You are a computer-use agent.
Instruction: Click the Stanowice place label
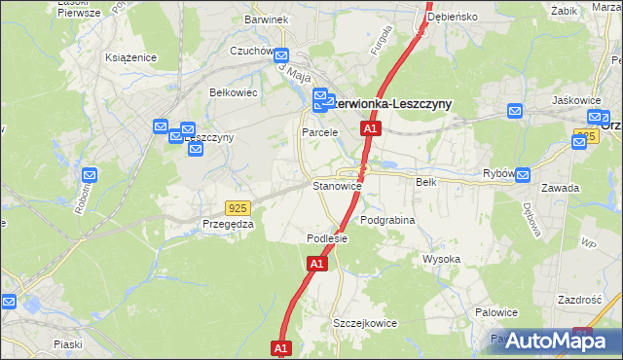click(337, 186)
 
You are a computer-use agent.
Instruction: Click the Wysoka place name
click(441, 260)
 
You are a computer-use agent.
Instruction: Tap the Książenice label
click(131, 57)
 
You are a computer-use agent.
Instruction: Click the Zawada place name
click(563, 188)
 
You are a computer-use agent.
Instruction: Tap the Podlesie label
click(327, 238)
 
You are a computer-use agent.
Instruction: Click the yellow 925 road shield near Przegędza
click(237, 208)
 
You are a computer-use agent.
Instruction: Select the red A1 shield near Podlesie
click(317, 264)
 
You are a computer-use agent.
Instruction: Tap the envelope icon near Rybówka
click(522, 176)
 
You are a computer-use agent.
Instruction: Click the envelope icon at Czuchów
click(281, 56)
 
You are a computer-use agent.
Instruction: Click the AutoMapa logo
click(560, 341)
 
